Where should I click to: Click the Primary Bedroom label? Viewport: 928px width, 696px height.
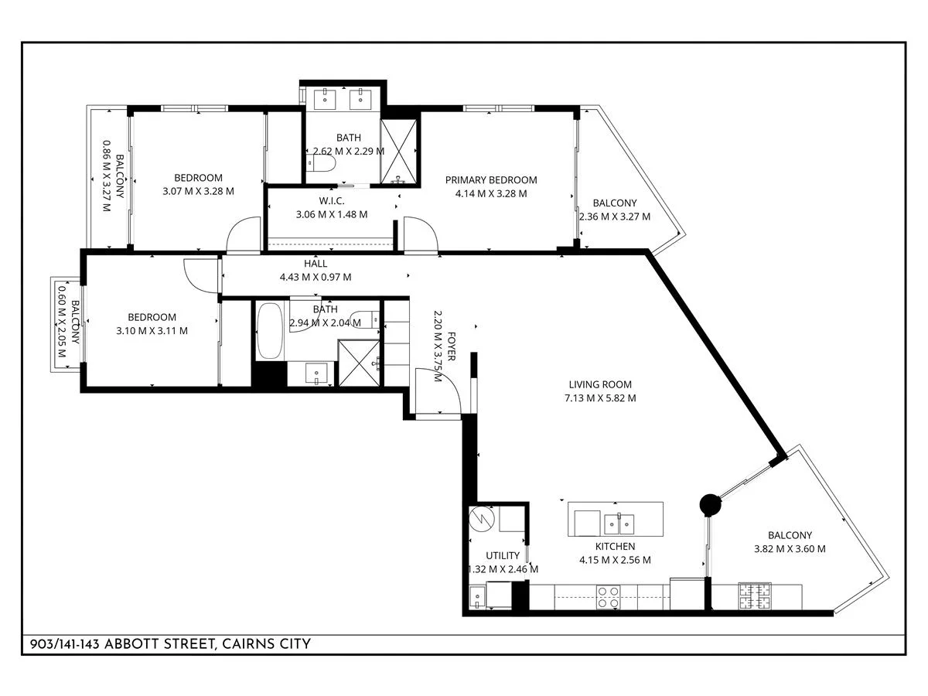[x=491, y=180]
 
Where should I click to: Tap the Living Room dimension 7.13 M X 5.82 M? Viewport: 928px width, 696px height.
[x=600, y=398]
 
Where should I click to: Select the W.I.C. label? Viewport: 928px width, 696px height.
[x=332, y=201]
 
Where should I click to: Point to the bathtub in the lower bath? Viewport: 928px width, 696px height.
[x=269, y=331]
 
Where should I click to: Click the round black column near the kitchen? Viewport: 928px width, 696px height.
[x=710, y=505]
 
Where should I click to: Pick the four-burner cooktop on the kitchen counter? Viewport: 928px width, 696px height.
[x=608, y=597]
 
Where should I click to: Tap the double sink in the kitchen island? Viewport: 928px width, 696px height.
[x=619, y=524]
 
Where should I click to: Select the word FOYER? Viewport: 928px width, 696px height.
[x=451, y=346]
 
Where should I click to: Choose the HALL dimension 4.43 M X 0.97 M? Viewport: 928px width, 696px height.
[x=316, y=277]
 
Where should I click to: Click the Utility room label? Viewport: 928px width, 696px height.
[x=502, y=555]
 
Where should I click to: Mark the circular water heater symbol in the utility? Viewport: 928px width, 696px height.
[x=482, y=520]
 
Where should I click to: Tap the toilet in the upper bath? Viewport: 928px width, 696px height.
[x=321, y=162]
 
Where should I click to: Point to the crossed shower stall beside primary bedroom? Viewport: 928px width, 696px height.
[x=398, y=152]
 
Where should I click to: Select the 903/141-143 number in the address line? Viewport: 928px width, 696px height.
[x=65, y=644]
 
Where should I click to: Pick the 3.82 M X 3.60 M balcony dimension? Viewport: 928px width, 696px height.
[x=790, y=549]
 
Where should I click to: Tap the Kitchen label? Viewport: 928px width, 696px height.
[x=615, y=546]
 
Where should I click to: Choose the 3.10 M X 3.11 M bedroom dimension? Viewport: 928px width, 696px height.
[x=152, y=331]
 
